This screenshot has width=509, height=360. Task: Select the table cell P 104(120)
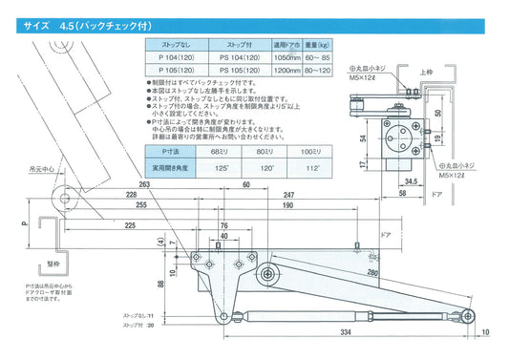click(168, 57)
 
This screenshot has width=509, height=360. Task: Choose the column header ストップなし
click(168, 44)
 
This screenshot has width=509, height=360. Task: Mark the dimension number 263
click(144, 184)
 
